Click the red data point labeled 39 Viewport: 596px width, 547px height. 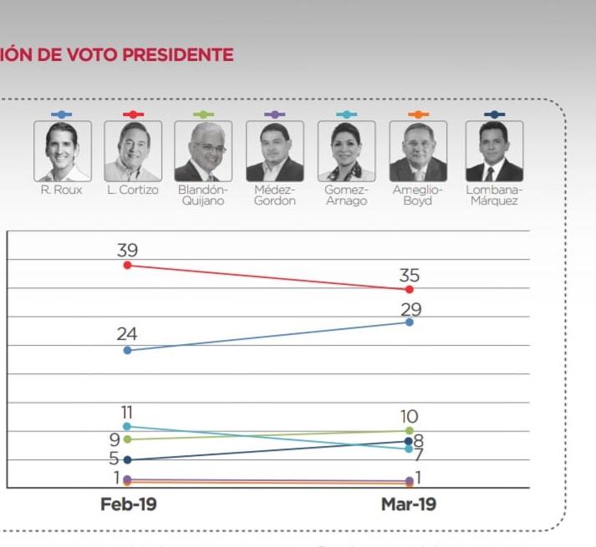tap(127, 265)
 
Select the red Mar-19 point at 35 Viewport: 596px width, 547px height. tap(409, 289)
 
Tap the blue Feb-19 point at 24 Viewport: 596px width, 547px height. tap(127, 350)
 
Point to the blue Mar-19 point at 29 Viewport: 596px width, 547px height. tap(409, 322)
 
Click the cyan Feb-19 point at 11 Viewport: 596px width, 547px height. tap(127, 427)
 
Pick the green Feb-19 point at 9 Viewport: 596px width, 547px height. tap(127, 438)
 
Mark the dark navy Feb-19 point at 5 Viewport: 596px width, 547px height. tap(127, 459)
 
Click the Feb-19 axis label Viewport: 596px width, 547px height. tap(128, 504)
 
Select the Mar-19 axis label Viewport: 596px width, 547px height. tap(409, 504)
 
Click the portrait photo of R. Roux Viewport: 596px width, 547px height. tap(63, 151)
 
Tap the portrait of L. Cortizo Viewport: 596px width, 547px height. tap(133, 151)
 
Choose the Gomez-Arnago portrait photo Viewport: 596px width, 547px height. tap(347, 151)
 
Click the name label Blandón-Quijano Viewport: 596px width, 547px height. tap(203, 195)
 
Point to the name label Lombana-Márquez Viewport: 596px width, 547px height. tap(494, 195)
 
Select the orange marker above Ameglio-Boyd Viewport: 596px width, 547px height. tap(418, 114)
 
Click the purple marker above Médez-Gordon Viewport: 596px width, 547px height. tap(275, 114)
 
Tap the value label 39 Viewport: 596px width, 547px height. tap(127, 250)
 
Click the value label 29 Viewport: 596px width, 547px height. tap(410, 310)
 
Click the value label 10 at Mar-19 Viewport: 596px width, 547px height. tap(409, 416)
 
